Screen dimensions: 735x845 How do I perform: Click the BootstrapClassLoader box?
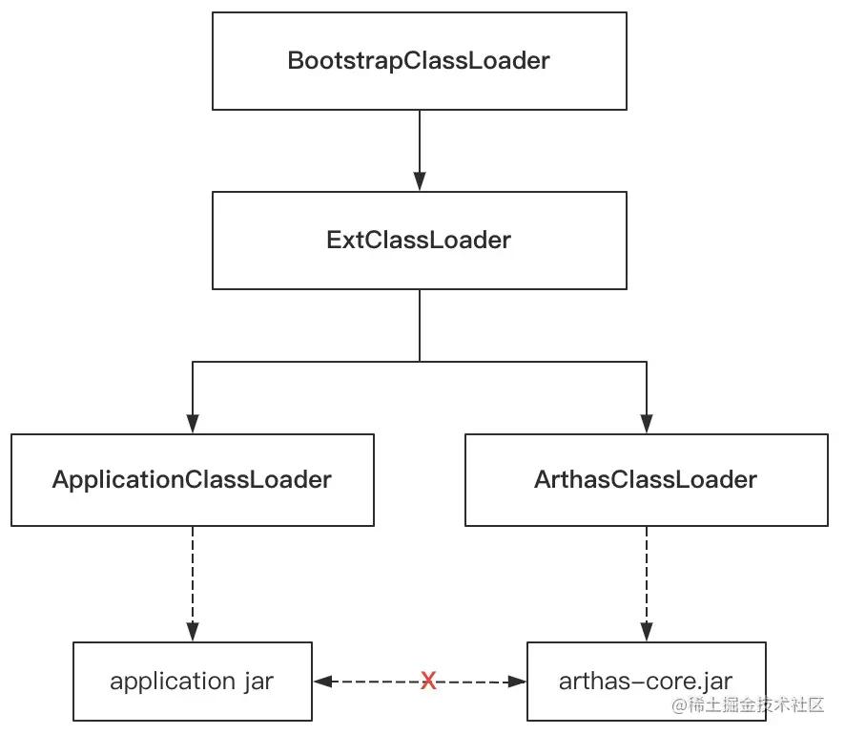point(419,61)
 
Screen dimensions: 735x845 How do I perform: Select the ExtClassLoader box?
point(419,241)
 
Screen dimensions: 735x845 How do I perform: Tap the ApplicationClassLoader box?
point(192,479)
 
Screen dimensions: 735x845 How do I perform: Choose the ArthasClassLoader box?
point(646,479)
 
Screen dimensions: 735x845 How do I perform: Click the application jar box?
point(192,682)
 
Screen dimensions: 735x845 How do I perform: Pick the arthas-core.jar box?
point(646,682)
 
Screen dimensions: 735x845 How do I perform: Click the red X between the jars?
point(429,681)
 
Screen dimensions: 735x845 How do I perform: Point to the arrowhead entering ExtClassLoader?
point(420,181)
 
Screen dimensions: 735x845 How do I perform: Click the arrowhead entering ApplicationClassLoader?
point(193,424)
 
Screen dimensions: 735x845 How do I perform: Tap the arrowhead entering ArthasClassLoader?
point(647,424)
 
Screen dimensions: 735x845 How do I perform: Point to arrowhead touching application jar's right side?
point(322,682)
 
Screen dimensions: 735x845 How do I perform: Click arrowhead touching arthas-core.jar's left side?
point(517,682)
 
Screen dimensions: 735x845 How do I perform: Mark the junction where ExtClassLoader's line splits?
point(420,361)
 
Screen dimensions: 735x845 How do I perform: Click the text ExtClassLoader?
point(419,241)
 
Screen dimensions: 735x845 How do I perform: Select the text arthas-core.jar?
point(646,682)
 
